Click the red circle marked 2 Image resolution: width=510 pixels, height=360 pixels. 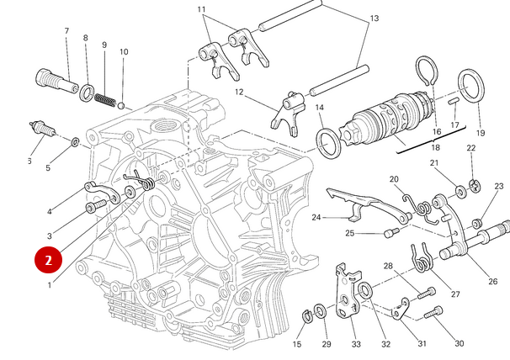48,260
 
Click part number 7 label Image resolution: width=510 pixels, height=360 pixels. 66,32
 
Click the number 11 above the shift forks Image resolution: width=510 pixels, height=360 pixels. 202,9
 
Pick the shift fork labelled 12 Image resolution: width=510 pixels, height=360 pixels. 287,110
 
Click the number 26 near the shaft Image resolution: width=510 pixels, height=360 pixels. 492,281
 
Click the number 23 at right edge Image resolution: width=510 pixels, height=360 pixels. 498,186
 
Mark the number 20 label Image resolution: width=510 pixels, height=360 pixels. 394,179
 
